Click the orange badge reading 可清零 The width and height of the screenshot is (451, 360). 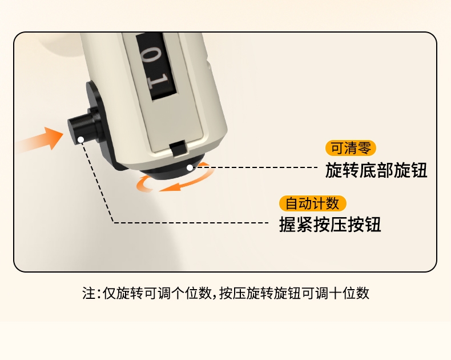pyautogui.click(x=351, y=148)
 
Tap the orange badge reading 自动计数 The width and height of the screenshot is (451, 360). pyautogui.click(x=312, y=203)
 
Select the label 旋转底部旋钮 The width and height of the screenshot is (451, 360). pyautogui.click(x=376, y=170)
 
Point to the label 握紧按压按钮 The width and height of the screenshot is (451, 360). pyautogui.click(x=330, y=225)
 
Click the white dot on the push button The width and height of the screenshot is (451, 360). pyautogui.click(x=81, y=139)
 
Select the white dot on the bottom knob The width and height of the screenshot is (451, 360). pyautogui.click(x=190, y=167)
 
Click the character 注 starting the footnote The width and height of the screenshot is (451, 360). pyautogui.click(x=88, y=294)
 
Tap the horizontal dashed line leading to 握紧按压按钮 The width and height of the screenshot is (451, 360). pyautogui.click(x=191, y=223)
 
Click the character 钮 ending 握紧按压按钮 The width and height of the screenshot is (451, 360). pyautogui.click(x=373, y=225)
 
